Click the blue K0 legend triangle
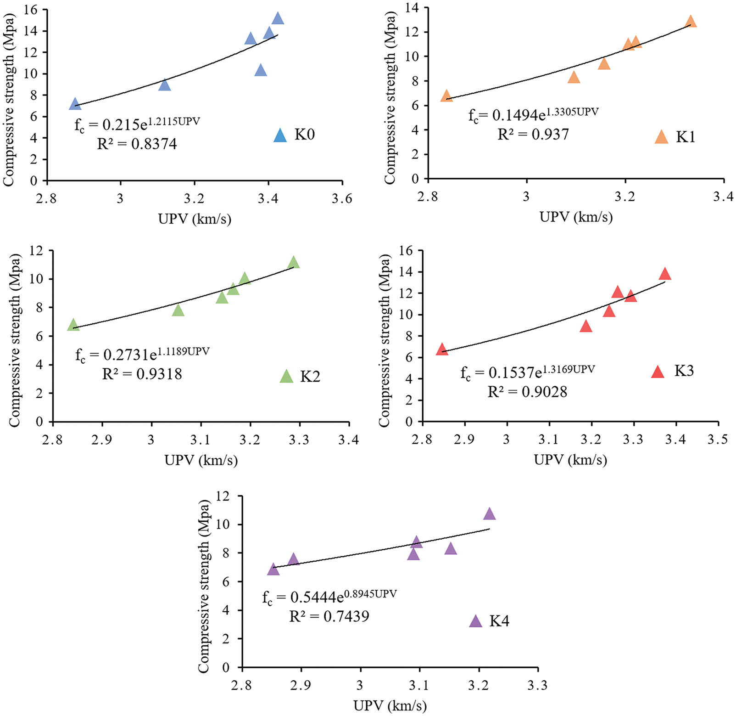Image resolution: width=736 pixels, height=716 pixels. tap(280, 135)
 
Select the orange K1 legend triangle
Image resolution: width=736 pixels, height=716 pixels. tap(661, 137)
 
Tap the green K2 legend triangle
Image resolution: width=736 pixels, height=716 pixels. tap(286, 377)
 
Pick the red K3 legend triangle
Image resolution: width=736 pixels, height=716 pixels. tap(658, 372)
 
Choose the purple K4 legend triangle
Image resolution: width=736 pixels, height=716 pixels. tap(476, 622)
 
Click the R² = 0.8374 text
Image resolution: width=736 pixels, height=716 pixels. tap(137, 144)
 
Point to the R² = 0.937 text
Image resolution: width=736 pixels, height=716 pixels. tap(533, 135)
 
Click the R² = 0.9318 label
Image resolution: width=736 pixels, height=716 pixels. tap(142, 374)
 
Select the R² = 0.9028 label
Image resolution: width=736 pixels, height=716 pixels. tap(527, 392)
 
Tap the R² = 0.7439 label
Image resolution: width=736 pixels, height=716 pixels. tap(329, 616)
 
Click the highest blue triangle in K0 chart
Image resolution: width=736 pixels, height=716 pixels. tap(278, 19)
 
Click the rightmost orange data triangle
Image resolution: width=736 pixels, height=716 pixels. tap(691, 22)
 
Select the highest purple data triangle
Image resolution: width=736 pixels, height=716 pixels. tap(490, 514)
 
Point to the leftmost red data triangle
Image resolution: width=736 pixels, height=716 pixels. tap(442, 350)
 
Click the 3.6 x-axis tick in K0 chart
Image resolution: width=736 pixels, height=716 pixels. tap(342, 198)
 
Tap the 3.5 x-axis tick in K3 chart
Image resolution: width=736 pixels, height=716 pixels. tap(718, 440)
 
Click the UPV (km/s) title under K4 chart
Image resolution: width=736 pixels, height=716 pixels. tap(390, 705)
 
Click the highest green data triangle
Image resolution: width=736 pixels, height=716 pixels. tap(294, 263)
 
